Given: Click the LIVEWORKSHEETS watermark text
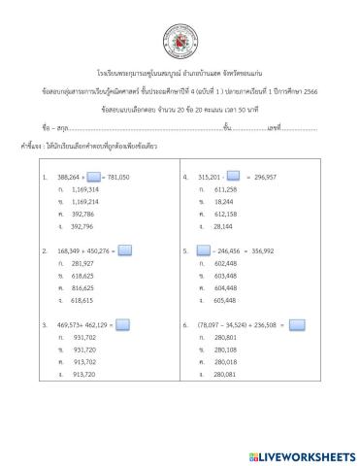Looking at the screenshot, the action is (306, 454).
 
